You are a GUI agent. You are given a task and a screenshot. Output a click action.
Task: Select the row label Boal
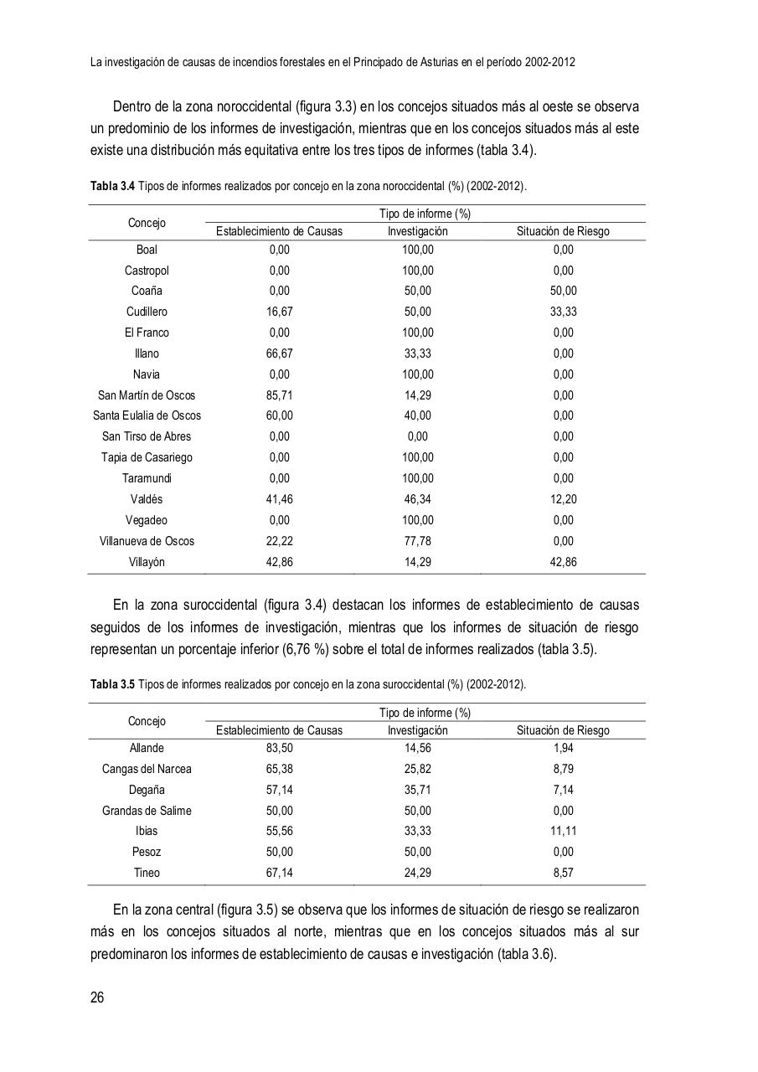[147, 250]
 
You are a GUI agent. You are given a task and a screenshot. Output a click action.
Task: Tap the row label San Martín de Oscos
[147, 395]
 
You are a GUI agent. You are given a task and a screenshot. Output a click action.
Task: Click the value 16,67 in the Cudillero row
[279, 312]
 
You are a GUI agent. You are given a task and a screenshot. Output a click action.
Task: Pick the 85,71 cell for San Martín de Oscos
[279, 395]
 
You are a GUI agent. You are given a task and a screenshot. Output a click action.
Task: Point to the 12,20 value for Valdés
[563, 499]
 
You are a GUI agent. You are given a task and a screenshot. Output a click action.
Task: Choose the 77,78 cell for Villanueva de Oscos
[417, 541]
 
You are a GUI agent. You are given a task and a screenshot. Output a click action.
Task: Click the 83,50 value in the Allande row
[279, 748]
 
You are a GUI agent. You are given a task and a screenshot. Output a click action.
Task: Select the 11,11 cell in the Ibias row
[563, 831]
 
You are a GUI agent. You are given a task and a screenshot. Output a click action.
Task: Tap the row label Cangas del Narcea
[147, 769]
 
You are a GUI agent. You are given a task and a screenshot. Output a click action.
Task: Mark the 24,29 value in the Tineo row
[417, 873]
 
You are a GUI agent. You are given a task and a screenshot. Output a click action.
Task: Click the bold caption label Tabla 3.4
[112, 186]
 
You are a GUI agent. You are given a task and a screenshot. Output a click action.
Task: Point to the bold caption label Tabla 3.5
[112, 684]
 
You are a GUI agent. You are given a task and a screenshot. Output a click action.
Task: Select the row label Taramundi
[147, 478]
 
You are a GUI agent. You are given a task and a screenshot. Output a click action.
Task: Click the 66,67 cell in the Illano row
[279, 353]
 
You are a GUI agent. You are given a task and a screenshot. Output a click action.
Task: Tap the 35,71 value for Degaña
[417, 790]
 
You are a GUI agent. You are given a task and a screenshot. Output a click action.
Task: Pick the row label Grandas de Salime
[147, 811]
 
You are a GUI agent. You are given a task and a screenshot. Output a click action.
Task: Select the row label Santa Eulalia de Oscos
[147, 415]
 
